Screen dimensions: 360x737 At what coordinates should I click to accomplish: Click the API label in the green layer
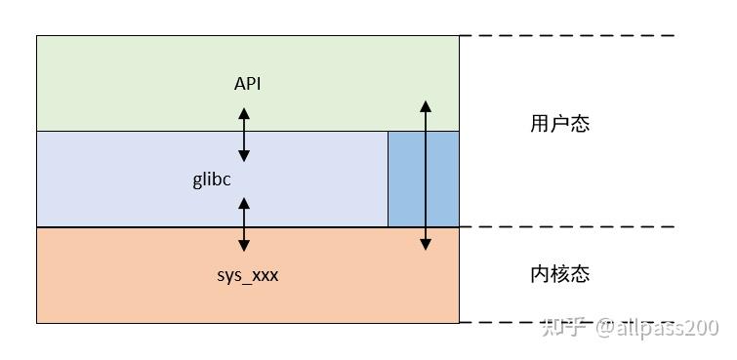click(247, 84)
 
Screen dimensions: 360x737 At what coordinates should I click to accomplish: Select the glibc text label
click(212, 180)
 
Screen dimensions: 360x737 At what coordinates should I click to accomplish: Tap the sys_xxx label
click(247, 275)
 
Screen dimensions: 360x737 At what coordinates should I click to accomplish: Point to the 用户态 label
click(560, 124)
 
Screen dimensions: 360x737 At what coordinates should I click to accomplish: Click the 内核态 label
click(560, 274)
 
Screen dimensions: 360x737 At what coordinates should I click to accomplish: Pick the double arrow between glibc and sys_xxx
click(244, 224)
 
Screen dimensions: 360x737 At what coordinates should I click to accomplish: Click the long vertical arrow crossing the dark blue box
click(425, 176)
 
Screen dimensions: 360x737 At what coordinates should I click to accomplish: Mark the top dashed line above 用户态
click(566, 36)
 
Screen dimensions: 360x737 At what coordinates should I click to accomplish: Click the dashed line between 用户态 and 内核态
click(566, 227)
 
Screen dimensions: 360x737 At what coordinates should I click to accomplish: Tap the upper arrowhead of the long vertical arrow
click(425, 103)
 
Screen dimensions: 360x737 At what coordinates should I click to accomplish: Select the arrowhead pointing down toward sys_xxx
click(244, 247)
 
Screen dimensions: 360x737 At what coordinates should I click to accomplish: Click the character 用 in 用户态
click(541, 124)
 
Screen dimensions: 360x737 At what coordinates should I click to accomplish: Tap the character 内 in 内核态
click(541, 274)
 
